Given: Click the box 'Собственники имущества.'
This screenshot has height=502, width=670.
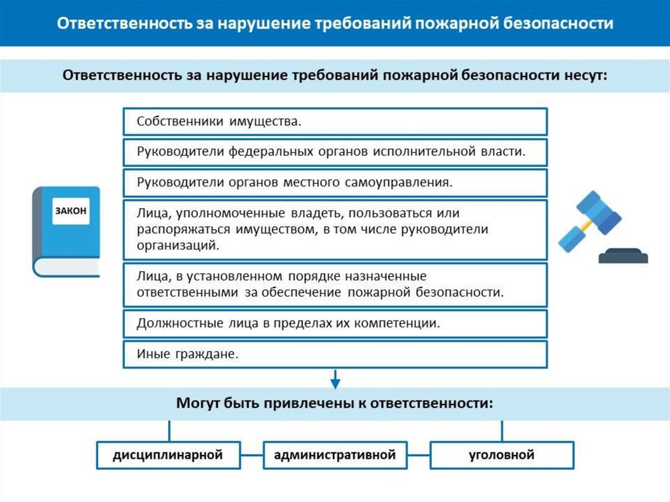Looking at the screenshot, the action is pyautogui.click(x=334, y=122).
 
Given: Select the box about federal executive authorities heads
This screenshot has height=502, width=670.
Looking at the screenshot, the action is pyautogui.click(x=334, y=152).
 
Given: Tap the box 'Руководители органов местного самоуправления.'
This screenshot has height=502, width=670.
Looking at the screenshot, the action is pyautogui.click(x=334, y=183).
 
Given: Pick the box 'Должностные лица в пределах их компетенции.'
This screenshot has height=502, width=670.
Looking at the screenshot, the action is pyautogui.click(x=334, y=323).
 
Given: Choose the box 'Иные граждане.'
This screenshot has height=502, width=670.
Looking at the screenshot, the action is pyautogui.click(x=334, y=354).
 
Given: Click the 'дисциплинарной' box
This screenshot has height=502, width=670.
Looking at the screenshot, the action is pyautogui.click(x=168, y=455).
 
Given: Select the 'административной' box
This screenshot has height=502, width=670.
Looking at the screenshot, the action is pyautogui.click(x=335, y=455).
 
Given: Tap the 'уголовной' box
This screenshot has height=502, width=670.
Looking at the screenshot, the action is pyautogui.click(x=502, y=455).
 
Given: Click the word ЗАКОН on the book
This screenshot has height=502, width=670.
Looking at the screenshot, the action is pyautogui.click(x=70, y=211).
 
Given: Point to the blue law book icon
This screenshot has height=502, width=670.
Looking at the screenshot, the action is pyautogui.click(x=66, y=232).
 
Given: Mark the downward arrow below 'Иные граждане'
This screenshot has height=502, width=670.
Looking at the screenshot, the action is pyautogui.click(x=335, y=378).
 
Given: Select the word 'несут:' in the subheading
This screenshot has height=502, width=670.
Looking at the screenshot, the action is pyautogui.click(x=585, y=75).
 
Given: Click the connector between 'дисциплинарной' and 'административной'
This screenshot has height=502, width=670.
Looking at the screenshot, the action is pyautogui.click(x=252, y=455).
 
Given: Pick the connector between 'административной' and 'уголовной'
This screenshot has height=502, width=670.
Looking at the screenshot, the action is pyautogui.click(x=418, y=455).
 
